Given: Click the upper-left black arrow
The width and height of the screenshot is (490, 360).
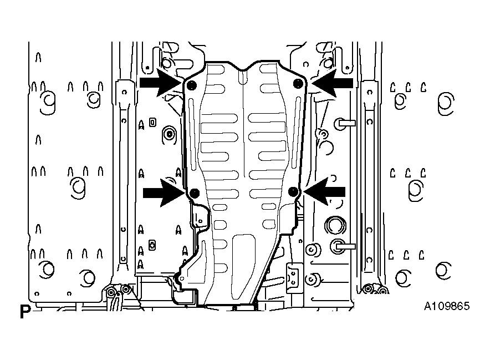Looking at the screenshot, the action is point(160,83).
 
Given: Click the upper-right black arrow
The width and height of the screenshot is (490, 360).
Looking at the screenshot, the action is point(332,83).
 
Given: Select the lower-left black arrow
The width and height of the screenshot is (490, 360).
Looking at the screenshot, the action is point(164,192).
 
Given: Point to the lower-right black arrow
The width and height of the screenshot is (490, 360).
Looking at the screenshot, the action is point(324,192).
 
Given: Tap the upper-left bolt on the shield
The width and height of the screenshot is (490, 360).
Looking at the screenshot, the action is point(191,85).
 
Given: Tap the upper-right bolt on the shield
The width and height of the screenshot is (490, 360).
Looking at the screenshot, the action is point(298,84).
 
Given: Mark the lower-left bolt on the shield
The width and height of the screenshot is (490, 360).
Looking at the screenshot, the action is point(195,193).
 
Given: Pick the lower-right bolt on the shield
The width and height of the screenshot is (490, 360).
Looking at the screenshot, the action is point(293,192).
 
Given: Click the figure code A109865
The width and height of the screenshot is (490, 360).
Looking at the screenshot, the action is point(447,306).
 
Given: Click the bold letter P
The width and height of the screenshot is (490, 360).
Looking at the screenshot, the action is point(25,312).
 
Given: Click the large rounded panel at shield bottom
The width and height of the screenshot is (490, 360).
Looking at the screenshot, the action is point(243,266).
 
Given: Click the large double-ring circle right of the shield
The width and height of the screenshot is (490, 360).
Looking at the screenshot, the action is point(335,225).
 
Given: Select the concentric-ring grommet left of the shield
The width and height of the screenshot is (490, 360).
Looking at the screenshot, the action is point(170,135).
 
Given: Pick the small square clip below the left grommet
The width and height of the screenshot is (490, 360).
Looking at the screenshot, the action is point(152,245).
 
